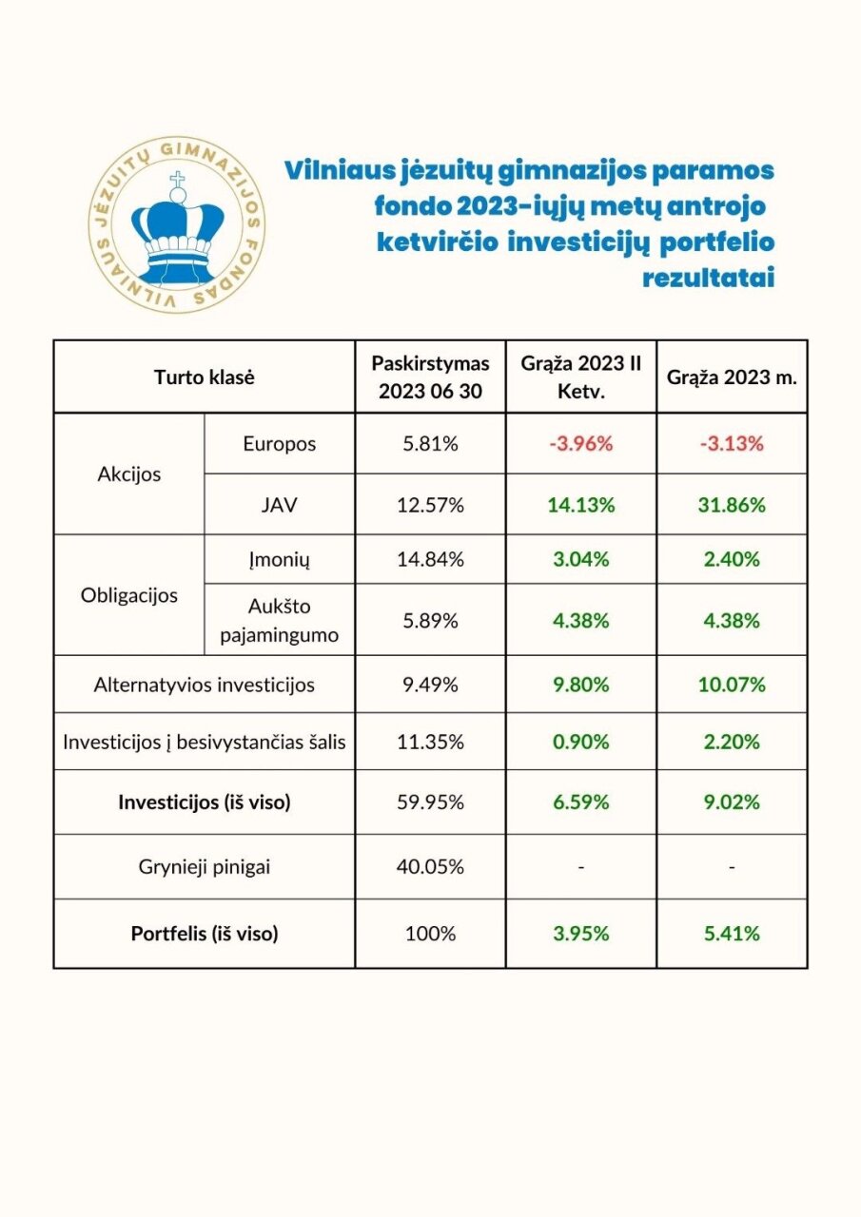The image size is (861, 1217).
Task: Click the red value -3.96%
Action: pyautogui.click(x=580, y=444)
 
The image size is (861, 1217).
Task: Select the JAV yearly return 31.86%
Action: pyautogui.click(x=732, y=505)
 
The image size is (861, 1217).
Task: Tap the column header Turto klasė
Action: pyautogui.click(x=204, y=377)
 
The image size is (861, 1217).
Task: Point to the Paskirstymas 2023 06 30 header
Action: pyautogui.click(x=430, y=377)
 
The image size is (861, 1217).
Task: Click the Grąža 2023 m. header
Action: pyautogui.click(x=732, y=377)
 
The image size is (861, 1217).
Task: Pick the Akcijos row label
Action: pyautogui.click(x=128, y=474)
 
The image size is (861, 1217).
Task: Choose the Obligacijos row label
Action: pyautogui.click(x=128, y=596)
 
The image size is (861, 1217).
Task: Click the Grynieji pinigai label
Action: pyautogui.click(x=204, y=866)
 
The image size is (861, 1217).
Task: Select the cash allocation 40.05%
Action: pyautogui.click(x=430, y=866)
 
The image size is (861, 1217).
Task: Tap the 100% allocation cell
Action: pyautogui.click(x=430, y=934)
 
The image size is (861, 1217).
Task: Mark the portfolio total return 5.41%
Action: pyautogui.click(x=732, y=934)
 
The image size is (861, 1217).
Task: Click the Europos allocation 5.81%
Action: pyautogui.click(x=430, y=444)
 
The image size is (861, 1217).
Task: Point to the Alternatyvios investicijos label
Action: pyautogui.click(x=204, y=684)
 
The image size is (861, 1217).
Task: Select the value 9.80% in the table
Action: pyautogui.click(x=580, y=684)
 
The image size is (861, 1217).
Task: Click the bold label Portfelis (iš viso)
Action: pyautogui.click(x=204, y=934)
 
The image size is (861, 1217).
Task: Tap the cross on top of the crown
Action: pyautogui.click(x=176, y=180)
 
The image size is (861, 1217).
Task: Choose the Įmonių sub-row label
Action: pyautogui.click(x=280, y=559)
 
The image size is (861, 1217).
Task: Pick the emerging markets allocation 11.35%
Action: pyautogui.click(x=430, y=742)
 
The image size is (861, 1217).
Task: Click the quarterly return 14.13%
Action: pyautogui.click(x=580, y=505)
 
